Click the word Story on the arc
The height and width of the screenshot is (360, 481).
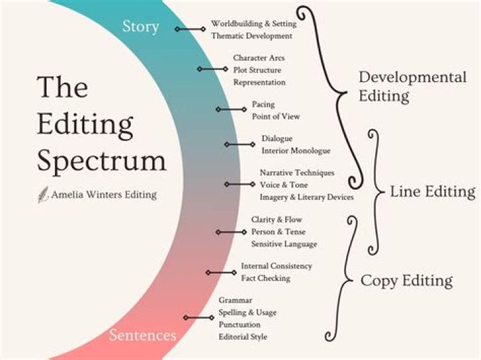click(141, 27)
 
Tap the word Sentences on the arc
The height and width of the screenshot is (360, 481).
click(142, 334)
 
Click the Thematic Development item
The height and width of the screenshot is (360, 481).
click(251, 35)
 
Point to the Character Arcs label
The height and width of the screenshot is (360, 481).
click(259, 58)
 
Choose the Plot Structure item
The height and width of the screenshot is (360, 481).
click(257, 70)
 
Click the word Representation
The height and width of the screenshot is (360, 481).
click(259, 82)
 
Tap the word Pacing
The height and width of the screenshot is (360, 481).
click(263, 104)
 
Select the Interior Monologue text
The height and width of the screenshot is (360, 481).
click(296, 151)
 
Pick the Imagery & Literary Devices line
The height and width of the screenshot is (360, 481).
click(307, 197)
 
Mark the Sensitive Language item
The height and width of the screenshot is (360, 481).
click(284, 244)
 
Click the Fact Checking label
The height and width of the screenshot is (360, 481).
click(265, 278)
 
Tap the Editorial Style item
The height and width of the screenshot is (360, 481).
click(243, 337)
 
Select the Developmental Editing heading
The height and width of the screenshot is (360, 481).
click(412, 86)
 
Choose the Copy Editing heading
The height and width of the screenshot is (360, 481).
click(406, 281)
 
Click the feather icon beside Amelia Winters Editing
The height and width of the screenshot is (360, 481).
click(43, 196)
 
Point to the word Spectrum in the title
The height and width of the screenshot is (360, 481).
click(101, 161)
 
